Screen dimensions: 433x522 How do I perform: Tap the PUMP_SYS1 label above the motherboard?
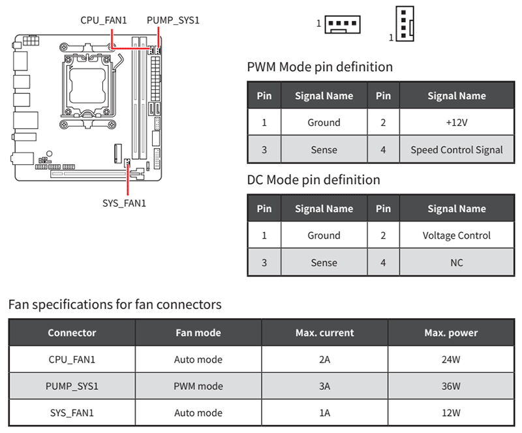[x=173, y=20]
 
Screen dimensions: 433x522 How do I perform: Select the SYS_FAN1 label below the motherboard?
[x=124, y=203]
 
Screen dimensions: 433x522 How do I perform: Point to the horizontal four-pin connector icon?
[x=343, y=25]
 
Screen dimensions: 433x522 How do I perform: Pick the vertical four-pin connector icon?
[x=405, y=23]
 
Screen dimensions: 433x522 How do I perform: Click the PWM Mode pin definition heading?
[x=320, y=67]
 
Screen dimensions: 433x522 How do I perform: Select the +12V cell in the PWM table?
[x=456, y=123]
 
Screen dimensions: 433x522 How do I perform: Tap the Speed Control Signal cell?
[x=456, y=149]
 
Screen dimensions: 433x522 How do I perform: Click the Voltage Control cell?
[x=456, y=235]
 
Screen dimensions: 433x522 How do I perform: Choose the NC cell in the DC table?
[x=456, y=262]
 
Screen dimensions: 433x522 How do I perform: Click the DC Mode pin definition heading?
[x=313, y=179]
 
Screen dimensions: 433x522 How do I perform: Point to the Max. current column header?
[x=324, y=333]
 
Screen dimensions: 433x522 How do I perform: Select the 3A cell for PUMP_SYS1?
[x=324, y=385]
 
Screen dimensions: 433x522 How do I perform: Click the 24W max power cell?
[x=451, y=359]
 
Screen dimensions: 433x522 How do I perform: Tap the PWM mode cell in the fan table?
[x=198, y=385]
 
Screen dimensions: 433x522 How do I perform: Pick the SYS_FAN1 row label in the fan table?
[x=72, y=413]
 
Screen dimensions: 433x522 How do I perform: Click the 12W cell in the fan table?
[x=451, y=413]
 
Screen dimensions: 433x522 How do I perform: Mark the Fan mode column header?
[x=198, y=333]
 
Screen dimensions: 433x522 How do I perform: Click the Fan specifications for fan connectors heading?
[x=115, y=305]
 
